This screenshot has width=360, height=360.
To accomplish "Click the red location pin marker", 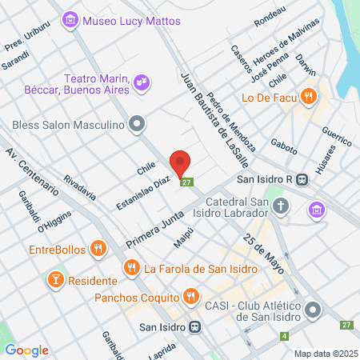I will click(181, 162).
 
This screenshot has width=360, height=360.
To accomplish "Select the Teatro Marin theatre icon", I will click(142, 81).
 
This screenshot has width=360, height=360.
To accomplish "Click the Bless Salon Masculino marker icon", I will click(138, 123).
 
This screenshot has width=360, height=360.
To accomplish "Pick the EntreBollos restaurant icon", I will click(98, 248).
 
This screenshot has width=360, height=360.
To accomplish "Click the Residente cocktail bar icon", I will click(56, 280).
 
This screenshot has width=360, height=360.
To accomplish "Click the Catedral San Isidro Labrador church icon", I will click(281, 207).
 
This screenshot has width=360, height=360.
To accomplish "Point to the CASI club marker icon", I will click(313, 308).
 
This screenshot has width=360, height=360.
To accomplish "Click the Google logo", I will click(27, 350).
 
